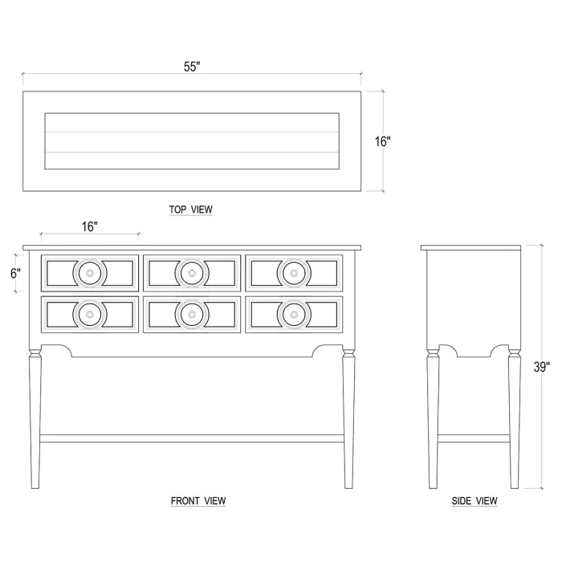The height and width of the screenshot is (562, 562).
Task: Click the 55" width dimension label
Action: (192, 67)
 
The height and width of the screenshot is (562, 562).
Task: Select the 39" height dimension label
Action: (542, 367)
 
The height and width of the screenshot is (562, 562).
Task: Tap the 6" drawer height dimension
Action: (15, 274)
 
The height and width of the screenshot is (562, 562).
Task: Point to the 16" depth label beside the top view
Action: (383, 141)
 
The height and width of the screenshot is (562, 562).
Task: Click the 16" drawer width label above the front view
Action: (90, 226)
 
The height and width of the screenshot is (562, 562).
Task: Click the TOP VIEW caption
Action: (191, 210)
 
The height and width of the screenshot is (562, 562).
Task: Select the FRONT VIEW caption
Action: (198, 501)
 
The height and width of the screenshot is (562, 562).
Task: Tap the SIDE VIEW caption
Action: (474, 501)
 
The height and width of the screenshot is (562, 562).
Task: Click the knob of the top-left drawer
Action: (90, 273)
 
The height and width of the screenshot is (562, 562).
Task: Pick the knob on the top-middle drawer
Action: (192, 273)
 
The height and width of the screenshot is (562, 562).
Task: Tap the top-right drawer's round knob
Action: (294, 273)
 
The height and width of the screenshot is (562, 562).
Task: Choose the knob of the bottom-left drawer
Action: (90, 315)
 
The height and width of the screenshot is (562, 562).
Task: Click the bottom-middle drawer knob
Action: (192, 315)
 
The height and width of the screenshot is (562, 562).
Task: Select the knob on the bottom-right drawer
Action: (294, 315)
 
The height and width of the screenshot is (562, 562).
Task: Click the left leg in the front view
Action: (35, 418)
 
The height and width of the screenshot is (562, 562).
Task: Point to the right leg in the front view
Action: (348, 418)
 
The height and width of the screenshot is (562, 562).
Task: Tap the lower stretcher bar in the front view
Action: (192, 438)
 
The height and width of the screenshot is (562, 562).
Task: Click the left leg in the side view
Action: (433, 418)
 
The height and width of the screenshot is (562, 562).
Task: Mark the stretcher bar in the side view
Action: (474, 438)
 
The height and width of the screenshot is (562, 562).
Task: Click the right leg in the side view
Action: (515, 418)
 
